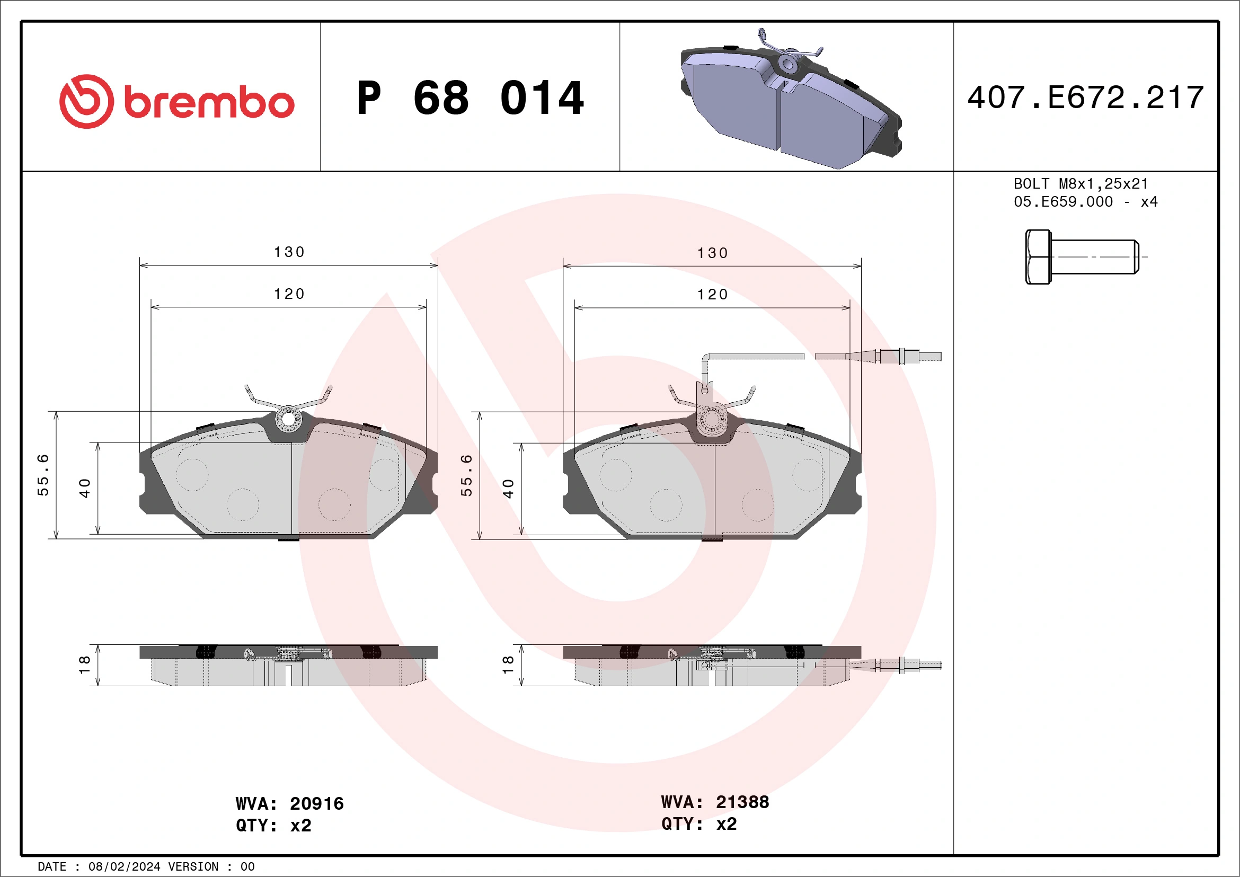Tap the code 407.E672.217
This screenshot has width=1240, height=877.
(1086, 98)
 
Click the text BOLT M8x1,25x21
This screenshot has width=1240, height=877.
(1080, 183)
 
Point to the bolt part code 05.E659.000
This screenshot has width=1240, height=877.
(1063, 202)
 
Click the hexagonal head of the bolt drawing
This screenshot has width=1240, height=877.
(1038, 256)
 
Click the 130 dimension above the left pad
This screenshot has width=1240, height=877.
(289, 252)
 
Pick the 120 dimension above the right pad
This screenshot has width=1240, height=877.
(712, 295)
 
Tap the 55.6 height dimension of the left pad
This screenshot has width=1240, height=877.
(43, 475)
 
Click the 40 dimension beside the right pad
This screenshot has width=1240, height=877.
(508, 488)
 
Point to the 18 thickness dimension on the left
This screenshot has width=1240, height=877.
(85, 664)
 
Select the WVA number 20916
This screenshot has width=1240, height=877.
(316, 803)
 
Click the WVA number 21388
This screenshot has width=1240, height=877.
(742, 802)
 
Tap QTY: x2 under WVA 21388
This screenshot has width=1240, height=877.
(699, 824)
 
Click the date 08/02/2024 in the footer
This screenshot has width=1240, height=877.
(124, 867)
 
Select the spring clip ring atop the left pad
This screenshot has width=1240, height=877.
(288, 419)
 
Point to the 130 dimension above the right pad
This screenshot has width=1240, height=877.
(712, 253)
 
